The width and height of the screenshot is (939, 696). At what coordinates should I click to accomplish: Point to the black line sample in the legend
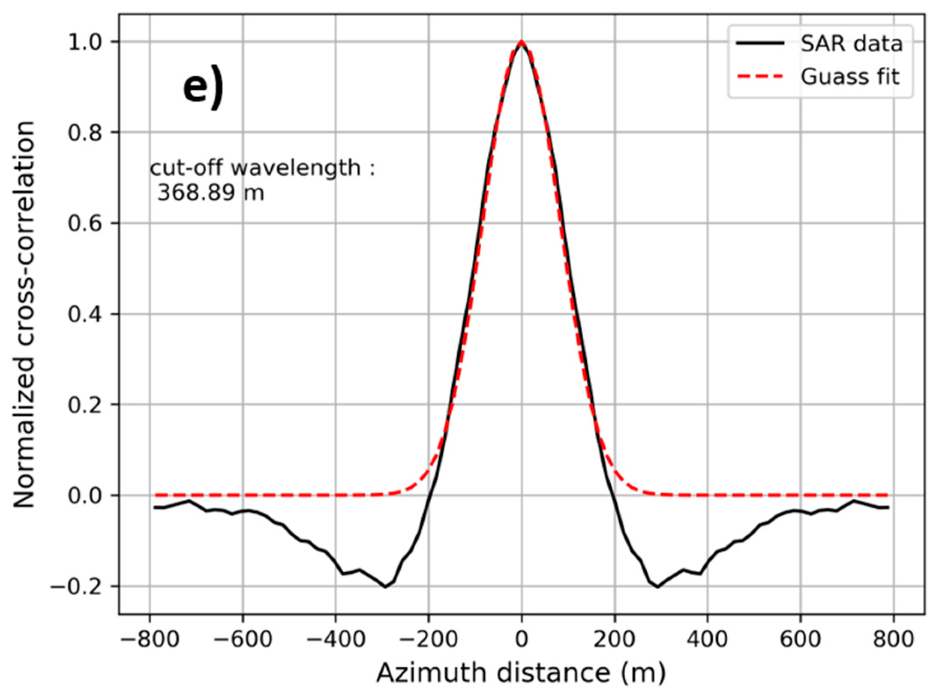(x=760, y=43)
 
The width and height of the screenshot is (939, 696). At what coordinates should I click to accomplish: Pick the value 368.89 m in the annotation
(x=210, y=193)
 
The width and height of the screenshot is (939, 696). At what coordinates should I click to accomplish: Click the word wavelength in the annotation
(x=296, y=168)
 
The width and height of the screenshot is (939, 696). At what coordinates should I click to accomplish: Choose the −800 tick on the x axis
(x=150, y=639)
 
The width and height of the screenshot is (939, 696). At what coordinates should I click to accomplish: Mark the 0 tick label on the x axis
(x=521, y=639)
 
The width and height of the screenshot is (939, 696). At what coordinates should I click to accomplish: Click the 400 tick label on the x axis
(x=707, y=639)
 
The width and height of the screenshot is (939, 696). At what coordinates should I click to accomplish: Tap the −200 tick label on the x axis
(x=429, y=639)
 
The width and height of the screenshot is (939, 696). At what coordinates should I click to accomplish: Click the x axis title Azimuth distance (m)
(x=521, y=673)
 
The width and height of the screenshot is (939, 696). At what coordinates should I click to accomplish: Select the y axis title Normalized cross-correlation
(x=24, y=315)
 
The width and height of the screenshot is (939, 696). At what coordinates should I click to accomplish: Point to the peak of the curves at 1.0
(x=521, y=42)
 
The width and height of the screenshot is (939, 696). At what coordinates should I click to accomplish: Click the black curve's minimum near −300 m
(x=385, y=587)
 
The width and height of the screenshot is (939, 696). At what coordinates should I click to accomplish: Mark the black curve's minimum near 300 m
(x=657, y=587)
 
